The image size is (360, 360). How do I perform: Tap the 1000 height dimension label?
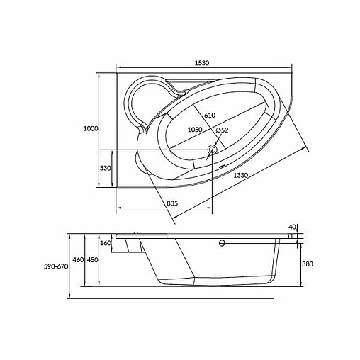90,128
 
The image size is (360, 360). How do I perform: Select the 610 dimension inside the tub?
210,116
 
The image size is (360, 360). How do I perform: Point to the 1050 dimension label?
196,130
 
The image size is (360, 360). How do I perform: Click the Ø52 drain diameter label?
221,130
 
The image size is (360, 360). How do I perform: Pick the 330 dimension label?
106,168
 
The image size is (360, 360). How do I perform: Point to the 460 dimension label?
79,260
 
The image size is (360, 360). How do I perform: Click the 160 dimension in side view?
106,244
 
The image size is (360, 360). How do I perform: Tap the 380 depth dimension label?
308,264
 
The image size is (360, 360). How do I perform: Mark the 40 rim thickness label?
291,227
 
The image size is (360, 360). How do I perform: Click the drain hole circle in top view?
212,150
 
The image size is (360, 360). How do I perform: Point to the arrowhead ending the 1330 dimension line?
310,150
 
